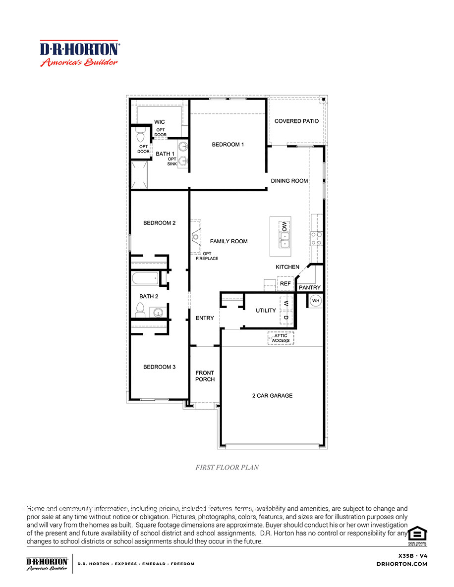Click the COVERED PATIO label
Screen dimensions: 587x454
tap(296, 121)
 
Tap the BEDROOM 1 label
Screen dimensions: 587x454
tap(228, 145)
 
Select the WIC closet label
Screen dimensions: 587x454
tap(159, 122)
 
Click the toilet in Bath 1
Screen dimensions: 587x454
tap(140, 135)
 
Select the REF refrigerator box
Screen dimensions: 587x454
tap(285, 284)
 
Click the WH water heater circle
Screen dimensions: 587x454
tap(315, 301)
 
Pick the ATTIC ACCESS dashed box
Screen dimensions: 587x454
tap(281, 338)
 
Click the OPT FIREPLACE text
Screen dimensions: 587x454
tap(207, 256)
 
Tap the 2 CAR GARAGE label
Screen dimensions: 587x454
tap(272, 396)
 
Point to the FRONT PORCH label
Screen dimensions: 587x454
tap(205, 376)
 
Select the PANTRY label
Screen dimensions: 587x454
tap(310, 287)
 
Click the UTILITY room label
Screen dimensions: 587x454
tap(266, 311)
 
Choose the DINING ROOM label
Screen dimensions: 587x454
tap(289, 181)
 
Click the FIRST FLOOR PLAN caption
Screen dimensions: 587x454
tap(227, 467)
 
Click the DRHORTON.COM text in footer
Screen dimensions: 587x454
tap(401, 564)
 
